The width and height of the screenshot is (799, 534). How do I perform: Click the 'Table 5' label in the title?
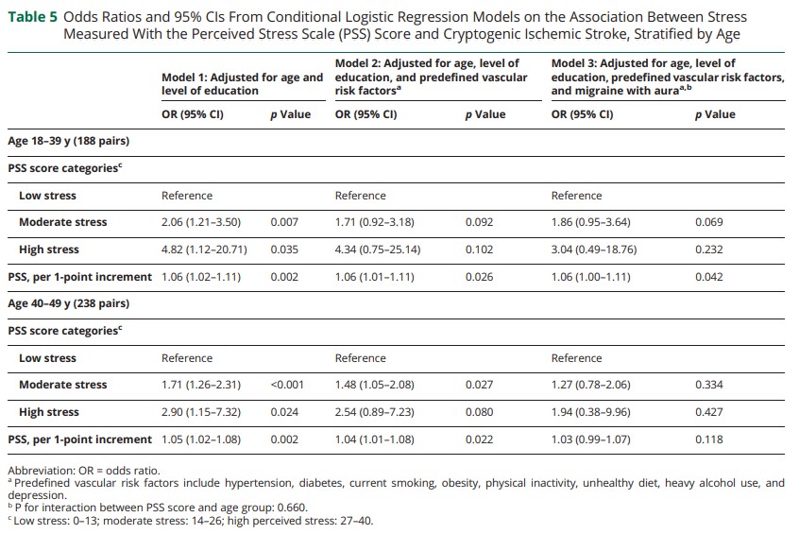(x=33, y=17)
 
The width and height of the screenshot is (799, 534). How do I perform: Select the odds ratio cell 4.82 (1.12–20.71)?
(x=204, y=250)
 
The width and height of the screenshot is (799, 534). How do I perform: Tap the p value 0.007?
(x=284, y=222)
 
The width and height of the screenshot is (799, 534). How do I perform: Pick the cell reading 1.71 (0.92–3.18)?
(x=375, y=222)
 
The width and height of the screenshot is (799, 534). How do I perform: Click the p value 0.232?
(x=709, y=250)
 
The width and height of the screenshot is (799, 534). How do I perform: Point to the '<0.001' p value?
(x=287, y=385)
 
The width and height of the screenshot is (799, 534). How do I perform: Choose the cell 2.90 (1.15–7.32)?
(x=201, y=412)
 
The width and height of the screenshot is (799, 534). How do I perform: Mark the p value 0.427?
(x=709, y=412)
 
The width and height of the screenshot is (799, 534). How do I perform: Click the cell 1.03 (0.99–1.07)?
(x=590, y=439)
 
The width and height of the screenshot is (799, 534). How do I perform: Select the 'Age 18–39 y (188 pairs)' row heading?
(x=69, y=141)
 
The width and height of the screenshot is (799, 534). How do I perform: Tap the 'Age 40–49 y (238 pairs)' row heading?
(x=69, y=303)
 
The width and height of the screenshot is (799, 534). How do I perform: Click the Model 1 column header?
(x=243, y=84)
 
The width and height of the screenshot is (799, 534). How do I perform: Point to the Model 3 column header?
(x=668, y=77)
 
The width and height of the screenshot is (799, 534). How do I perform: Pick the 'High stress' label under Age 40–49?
(x=49, y=412)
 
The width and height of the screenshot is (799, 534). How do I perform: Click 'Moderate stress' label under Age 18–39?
(x=63, y=222)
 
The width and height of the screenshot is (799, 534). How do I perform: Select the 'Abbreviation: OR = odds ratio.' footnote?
(x=84, y=471)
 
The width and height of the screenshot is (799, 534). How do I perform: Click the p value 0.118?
(x=709, y=439)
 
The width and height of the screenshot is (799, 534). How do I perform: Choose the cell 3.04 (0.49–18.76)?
(x=594, y=250)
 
